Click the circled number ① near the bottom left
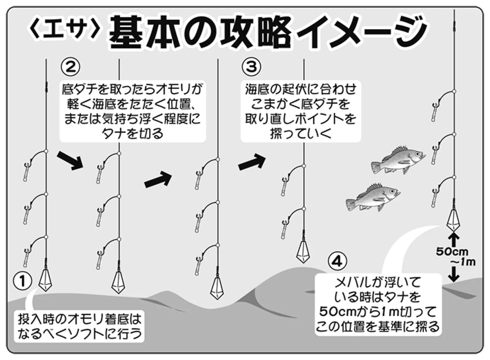tap(23, 281)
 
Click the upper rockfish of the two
tap(398, 161)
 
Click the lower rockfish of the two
tap(373, 197)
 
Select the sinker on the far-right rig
tap(454, 220)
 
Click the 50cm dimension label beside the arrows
tap(452, 252)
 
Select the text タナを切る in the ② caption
tap(132, 134)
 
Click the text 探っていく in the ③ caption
tap(300, 134)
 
